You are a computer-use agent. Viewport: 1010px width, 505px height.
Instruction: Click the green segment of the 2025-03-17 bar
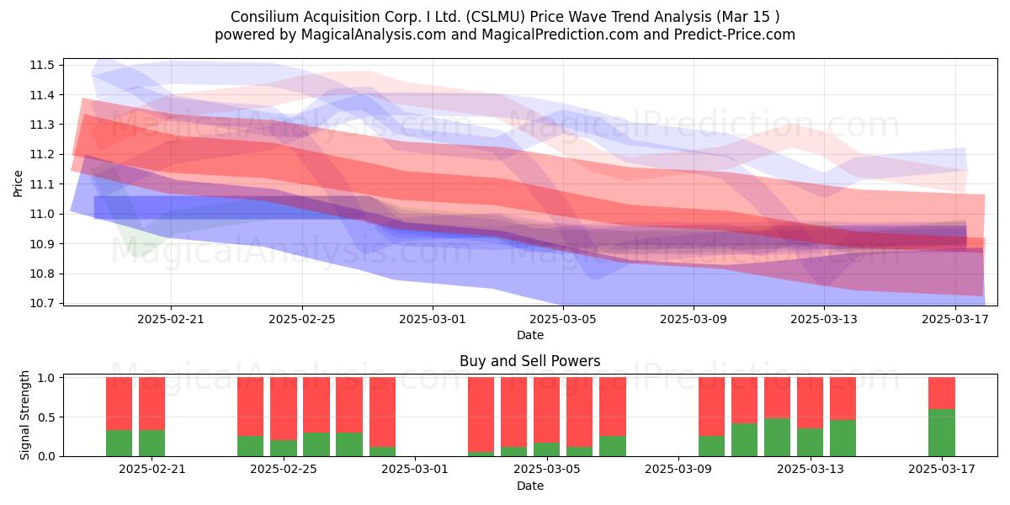tap(942, 433)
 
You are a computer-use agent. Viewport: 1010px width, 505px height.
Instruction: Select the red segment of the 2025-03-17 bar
tap(942, 393)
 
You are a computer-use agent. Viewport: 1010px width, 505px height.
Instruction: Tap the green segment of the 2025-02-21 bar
tap(152, 444)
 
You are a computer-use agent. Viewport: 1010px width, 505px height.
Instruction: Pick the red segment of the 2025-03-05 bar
tap(546, 410)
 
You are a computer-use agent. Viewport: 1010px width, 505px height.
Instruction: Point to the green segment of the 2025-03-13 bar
tap(810, 442)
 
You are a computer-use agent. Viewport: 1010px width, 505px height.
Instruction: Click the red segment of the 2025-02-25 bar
tap(284, 408)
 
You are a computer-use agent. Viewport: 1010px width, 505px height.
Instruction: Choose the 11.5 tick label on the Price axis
tap(42, 66)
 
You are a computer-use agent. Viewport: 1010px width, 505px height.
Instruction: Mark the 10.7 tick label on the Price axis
tap(42, 304)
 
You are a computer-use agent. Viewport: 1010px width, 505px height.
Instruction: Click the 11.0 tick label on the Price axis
tap(42, 214)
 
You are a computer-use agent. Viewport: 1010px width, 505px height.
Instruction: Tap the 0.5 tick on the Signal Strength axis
tap(46, 417)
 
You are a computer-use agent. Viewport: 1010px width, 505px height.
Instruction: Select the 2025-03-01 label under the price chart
tap(433, 319)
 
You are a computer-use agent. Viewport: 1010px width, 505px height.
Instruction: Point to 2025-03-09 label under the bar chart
tap(678, 470)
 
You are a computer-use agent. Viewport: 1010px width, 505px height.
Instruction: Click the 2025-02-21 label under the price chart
tap(170, 319)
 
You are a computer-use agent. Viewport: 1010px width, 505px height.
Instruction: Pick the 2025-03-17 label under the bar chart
tap(942, 470)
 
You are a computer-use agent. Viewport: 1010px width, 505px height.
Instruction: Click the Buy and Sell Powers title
tap(529, 361)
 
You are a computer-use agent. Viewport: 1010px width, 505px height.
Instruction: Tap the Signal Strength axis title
tap(24, 415)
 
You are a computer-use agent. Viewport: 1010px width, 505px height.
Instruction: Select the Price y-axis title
tap(18, 183)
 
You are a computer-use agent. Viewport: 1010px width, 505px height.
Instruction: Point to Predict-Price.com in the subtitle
tap(735, 35)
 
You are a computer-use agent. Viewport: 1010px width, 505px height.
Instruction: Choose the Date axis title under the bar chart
tap(529, 486)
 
